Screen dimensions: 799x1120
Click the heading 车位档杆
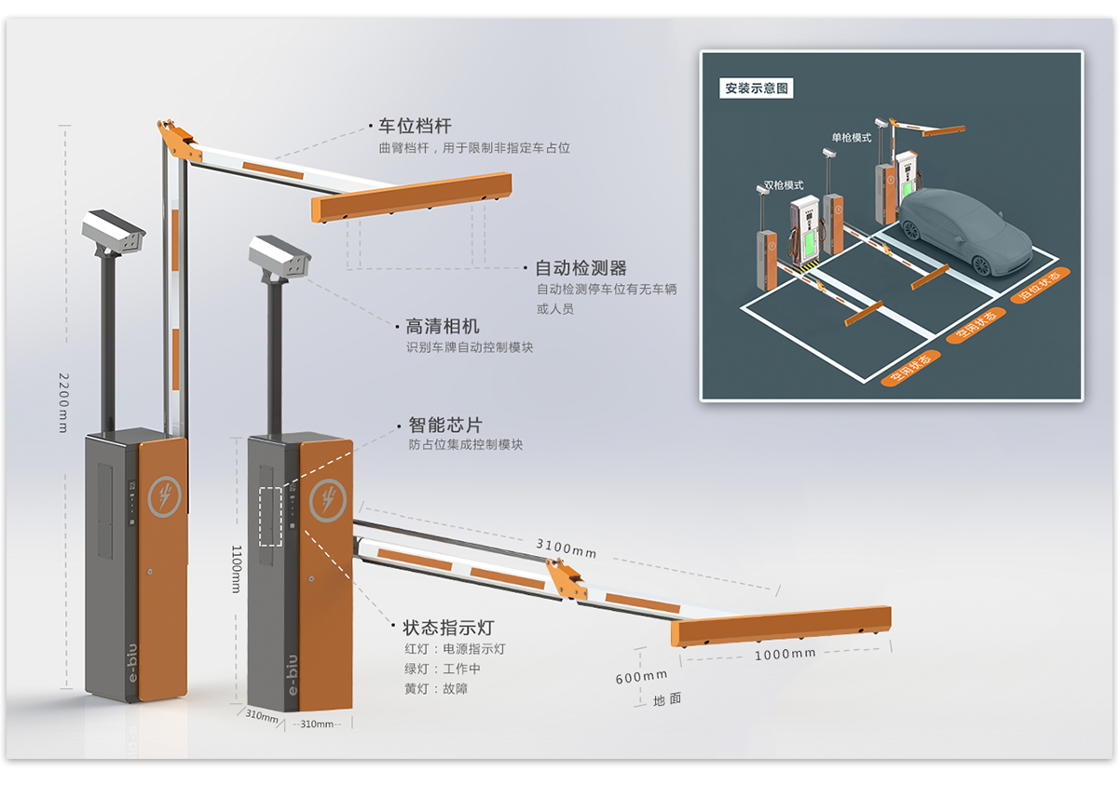click(x=415, y=127)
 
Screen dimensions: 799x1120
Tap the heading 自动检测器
click(x=580, y=268)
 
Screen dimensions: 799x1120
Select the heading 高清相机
click(x=443, y=326)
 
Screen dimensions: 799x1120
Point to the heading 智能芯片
click(x=445, y=425)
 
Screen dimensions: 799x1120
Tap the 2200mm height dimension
click(x=64, y=403)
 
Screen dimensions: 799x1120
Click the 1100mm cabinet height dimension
click(x=236, y=568)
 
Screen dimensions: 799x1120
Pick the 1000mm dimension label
click(x=785, y=655)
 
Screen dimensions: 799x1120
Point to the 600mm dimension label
click(x=641, y=677)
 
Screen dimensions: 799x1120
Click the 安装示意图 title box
click(x=758, y=89)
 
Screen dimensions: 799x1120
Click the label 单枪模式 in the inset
click(x=851, y=138)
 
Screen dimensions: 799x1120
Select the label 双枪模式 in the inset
click(x=784, y=185)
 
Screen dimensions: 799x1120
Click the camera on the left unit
click(x=114, y=231)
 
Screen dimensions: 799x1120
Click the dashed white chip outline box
click(x=270, y=516)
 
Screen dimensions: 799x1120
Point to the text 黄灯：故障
click(x=436, y=688)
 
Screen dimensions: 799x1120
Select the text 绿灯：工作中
click(x=443, y=669)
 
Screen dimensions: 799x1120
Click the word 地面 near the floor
click(x=667, y=700)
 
